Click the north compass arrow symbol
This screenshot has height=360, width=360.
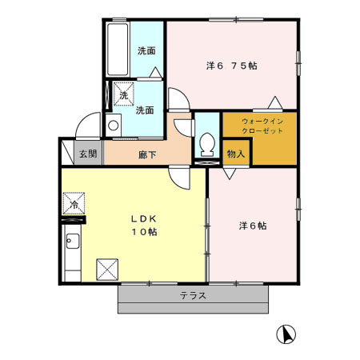[286, 334]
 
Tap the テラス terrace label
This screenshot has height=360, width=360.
[193, 295]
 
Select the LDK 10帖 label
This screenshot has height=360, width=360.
[144, 226]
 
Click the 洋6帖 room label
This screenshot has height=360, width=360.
[253, 226]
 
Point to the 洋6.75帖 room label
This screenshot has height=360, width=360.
[232, 66]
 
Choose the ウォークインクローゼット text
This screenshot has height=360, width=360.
[262, 126]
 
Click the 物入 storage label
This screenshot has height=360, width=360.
[236, 154]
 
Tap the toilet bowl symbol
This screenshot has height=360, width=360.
[207, 144]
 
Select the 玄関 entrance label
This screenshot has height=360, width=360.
[88, 154]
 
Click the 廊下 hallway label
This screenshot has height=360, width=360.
[147, 154]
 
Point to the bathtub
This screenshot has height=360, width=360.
[118, 50]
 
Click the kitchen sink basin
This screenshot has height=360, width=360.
[73, 241]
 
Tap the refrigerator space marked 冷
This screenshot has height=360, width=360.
[74, 203]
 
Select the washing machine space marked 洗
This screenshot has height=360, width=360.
[124, 94]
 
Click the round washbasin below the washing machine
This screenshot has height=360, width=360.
[114, 126]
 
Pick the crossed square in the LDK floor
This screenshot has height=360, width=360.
[107, 270]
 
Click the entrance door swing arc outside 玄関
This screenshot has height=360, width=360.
[85, 118]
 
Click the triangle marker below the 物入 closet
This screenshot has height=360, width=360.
[230, 174]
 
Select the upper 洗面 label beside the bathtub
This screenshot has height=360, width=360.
[146, 50]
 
